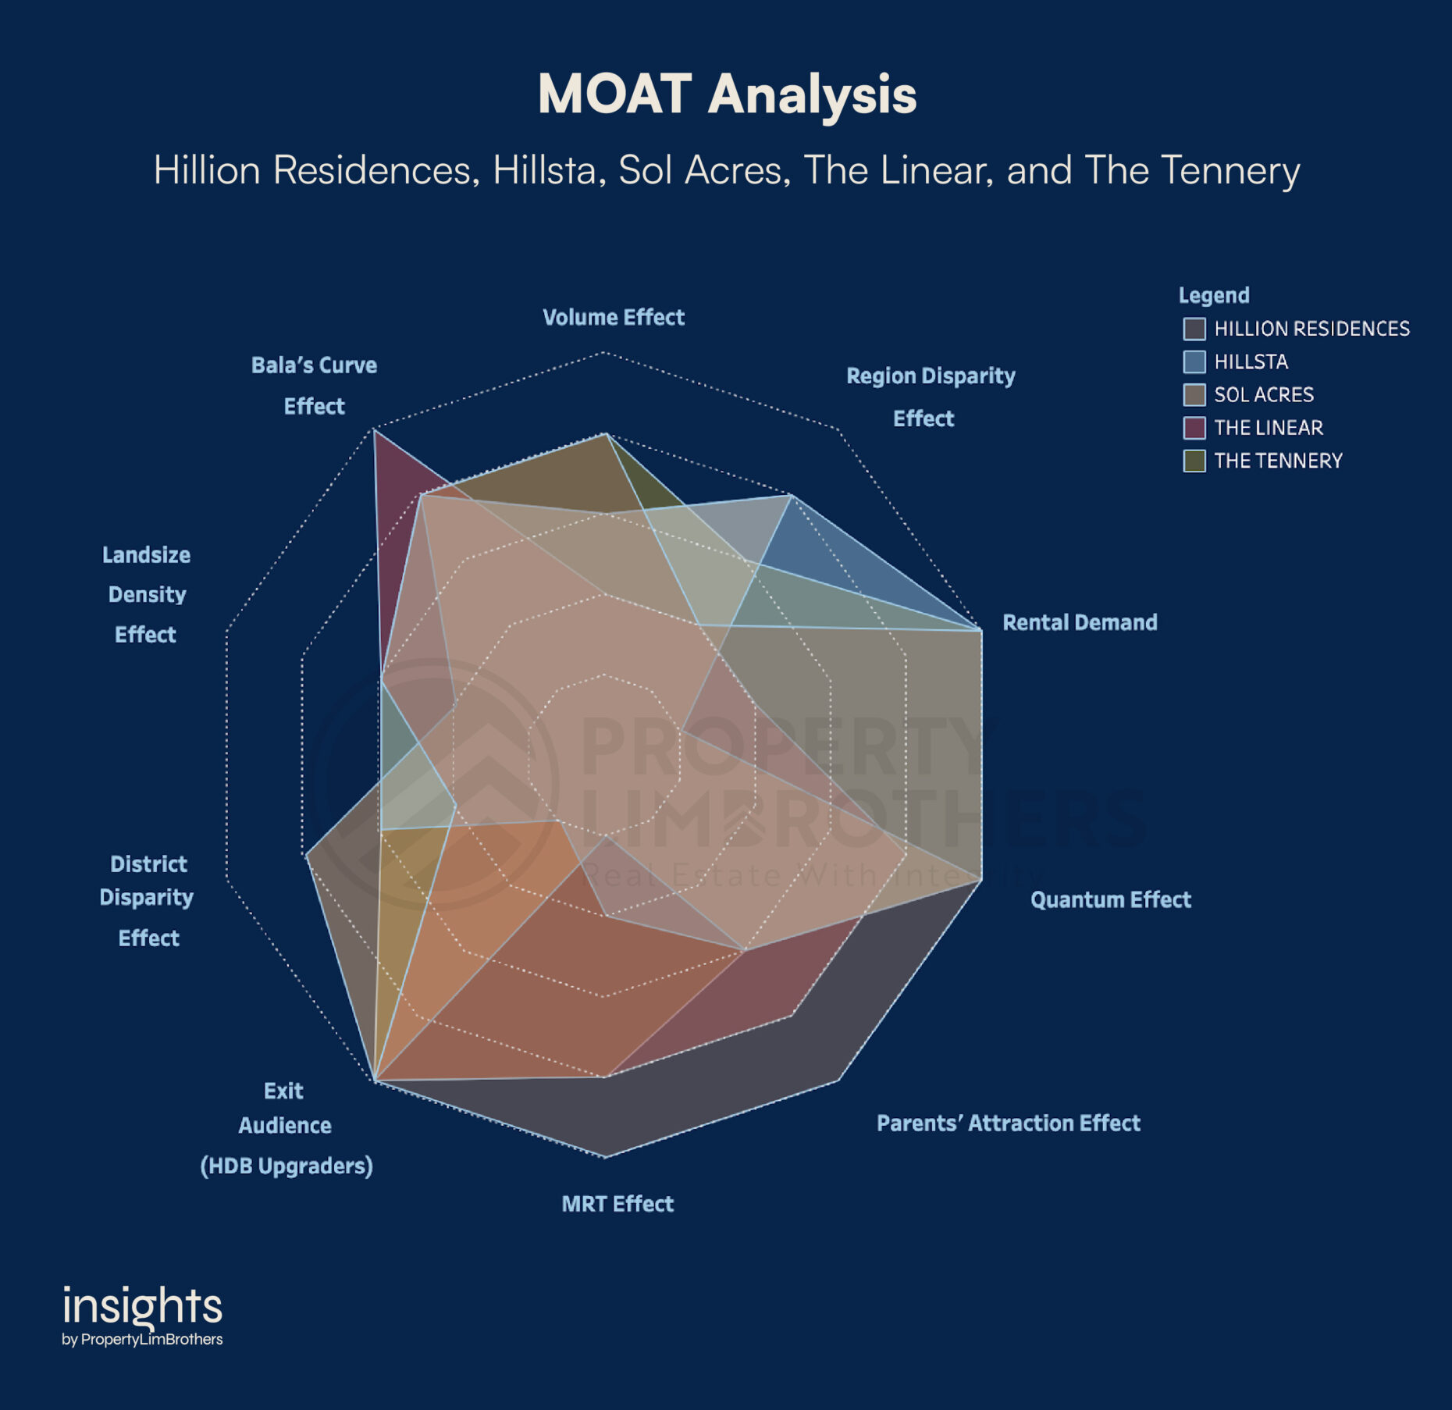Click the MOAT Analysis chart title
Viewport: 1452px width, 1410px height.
coord(727,94)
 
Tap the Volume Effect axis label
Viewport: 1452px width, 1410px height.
coord(614,317)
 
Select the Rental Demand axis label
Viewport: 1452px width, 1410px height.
coord(1080,622)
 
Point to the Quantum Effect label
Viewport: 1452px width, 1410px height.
coord(1110,899)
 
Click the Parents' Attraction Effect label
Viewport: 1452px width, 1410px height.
coord(1008,1123)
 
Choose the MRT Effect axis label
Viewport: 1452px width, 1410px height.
coord(617,1203)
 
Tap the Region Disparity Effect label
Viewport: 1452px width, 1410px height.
coord(931,397)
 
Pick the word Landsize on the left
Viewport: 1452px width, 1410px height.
coord(147,554)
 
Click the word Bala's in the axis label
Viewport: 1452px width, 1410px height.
coord(280,365)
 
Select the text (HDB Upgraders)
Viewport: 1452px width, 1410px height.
coord(286,1166)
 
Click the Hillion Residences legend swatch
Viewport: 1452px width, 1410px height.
coord(1194,329)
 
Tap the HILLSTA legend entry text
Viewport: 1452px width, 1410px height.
coord(1251,361)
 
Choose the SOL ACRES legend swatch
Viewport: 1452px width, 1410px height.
coord(1194,395)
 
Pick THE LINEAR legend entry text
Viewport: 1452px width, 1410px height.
coord(1269,428)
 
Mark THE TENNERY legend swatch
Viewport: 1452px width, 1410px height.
coord(1194,461)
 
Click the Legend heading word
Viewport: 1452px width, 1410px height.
coord(1214,295)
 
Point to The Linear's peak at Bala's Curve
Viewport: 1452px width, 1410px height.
coord(375,431)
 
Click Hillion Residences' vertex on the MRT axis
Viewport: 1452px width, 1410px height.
coord(606,1155)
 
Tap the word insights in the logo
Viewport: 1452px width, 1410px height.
coord(142,1307)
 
